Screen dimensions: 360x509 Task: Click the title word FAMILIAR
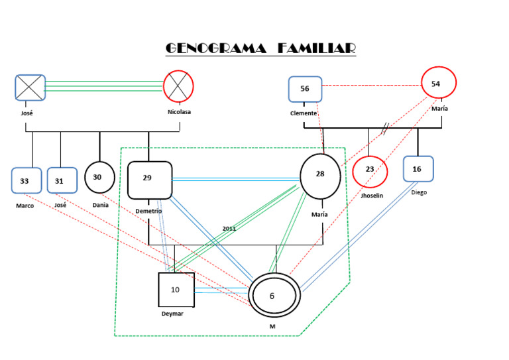click(x=316, y=48)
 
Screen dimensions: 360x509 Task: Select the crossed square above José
click(x=30, y=88)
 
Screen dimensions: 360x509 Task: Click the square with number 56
click(x=305, y=89)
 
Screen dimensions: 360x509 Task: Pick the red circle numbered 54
click(x=438, y=84)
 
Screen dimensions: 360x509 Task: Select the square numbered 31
click(x=60, y=181)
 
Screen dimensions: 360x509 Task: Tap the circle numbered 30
click(x=99, y=177)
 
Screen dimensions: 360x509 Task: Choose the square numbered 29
click(x=149, y=179)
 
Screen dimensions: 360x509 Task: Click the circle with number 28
click(x=320, y=176)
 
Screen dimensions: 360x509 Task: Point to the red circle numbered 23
click(x=370, y=170)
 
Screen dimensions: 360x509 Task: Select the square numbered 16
click(x=418, y=169)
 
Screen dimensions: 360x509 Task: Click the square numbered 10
click(x=176, y=290)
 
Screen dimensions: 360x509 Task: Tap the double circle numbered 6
click(x=274, y=296)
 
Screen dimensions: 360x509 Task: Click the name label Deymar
click(x=172, y=314)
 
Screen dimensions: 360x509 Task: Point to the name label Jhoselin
click(x=371, y=196)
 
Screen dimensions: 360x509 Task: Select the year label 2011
click(x=229, y=229)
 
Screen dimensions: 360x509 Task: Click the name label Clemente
click(x=304, y=113)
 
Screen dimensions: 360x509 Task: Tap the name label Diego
click(x=418, y=193)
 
